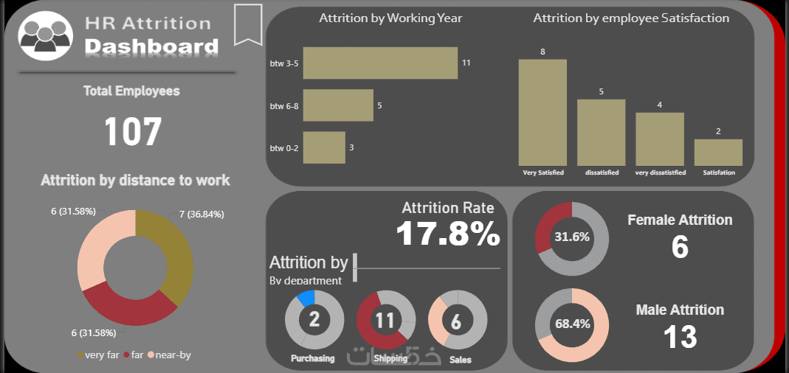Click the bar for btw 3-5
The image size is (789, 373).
tap(380, 63)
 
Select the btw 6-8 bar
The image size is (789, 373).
tap(337, 105)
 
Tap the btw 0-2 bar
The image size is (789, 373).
tap(323, 147)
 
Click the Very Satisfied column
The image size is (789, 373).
tap(542, 112)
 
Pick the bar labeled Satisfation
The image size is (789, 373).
tap(717, 152)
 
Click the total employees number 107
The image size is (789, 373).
tap(133, 132)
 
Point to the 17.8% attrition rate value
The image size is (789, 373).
tap(448, 234)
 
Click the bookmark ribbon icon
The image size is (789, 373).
tap(248, 24)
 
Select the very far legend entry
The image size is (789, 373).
tap(97, 355)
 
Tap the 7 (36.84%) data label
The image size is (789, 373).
tap(201, 214)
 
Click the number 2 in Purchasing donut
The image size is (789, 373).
tap(314, 320)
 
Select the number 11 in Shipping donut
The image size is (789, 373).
tap(385, 320)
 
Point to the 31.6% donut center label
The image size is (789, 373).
tap(572, 237)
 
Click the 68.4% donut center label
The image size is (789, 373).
tap(572, 324)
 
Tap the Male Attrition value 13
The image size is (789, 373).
tap(680, 337)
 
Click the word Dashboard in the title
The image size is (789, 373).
tap(151, 47)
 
